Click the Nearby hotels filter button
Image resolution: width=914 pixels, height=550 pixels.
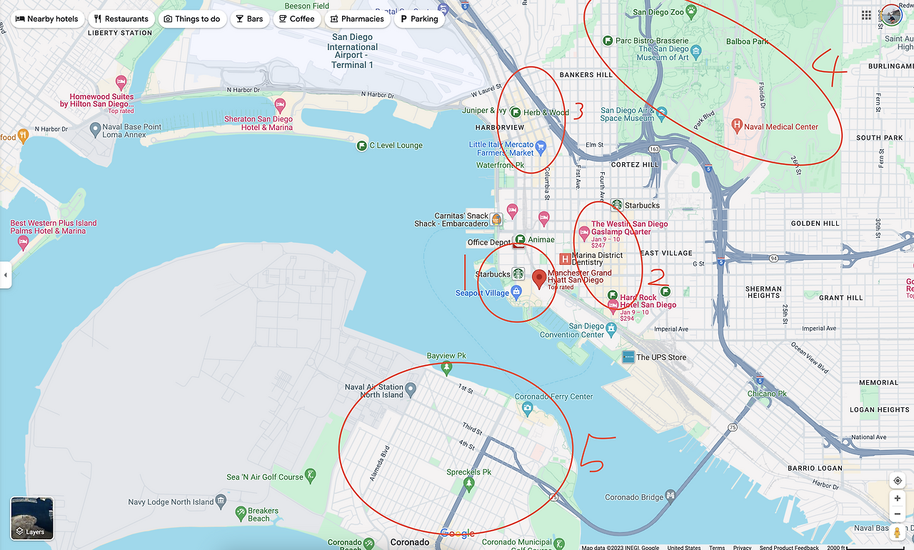[46, 19]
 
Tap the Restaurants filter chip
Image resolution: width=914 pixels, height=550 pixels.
[121, 19]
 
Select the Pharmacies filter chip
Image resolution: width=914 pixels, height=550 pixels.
[356, 19]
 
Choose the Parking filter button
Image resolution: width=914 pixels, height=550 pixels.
[418, 19]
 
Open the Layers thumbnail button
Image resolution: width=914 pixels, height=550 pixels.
[32, 518]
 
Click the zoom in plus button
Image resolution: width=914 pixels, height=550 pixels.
[897, 499]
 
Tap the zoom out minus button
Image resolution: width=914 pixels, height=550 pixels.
[897, 514]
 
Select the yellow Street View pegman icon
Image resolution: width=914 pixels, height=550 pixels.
[897, 533]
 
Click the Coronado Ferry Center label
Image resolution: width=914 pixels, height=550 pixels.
[553, 396]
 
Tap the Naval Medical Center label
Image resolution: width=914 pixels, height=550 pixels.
[780, 126]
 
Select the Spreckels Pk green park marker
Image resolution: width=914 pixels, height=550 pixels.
[468, 485]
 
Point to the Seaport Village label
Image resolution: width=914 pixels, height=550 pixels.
[482, 293]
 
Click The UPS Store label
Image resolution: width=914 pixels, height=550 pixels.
[661, 357]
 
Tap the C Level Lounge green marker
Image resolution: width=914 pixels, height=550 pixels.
[362, 146]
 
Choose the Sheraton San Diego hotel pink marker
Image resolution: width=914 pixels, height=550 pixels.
[280, 105]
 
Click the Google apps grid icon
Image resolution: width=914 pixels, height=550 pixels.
[866, 15]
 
